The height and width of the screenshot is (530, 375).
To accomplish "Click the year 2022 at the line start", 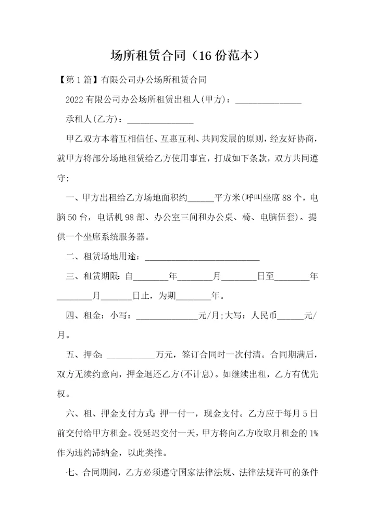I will pyautogui.click(x=76, y=100).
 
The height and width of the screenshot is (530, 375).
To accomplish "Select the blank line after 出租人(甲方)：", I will pyautogui.click(x=269, y=101).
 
